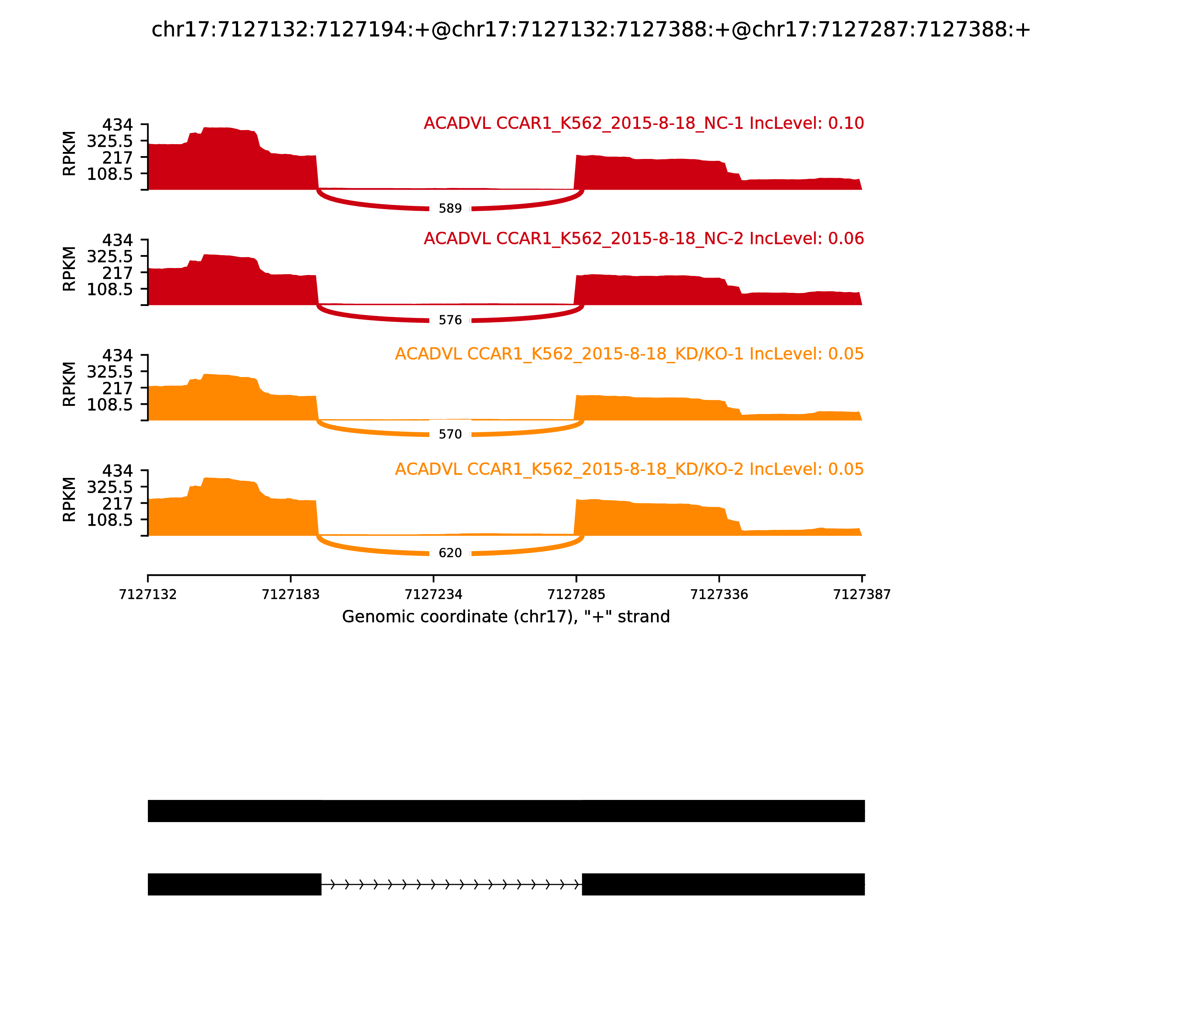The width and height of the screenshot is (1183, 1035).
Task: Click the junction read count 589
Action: pyautogui.click(x=450, y=208)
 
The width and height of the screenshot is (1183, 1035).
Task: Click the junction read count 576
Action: pyautogui.click(x=450, y=320)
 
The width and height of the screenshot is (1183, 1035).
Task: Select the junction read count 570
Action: pyautogui.click(x=450, y=434)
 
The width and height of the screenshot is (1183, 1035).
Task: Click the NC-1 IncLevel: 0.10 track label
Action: pyautogui.click(x=644, y=123)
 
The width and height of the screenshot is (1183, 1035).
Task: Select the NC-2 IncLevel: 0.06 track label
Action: pyautogui.click(x=644, y=238)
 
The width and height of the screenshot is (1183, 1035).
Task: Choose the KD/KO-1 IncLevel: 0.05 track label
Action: pyautogui.click(x=629, y=354)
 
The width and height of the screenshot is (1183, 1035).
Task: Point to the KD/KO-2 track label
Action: pyautogui.click(x=629, y=469)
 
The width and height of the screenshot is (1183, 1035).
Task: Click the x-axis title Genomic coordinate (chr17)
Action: pyautogui.click(x=506, y=617)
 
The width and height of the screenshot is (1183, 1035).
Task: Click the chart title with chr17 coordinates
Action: pyautogui.click(x=590, y=30)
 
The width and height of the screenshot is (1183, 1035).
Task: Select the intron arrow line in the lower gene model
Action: pyautogui.click(x=451, y=884)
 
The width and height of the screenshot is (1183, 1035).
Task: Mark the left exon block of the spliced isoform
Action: pyautogui.click(x=234, y=884)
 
